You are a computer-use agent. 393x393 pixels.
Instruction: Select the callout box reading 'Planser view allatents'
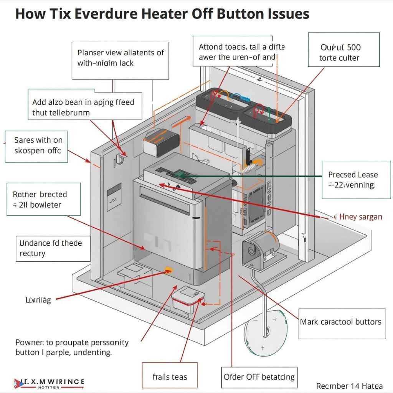[120, 58]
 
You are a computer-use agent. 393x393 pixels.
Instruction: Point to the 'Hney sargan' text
[360, 217]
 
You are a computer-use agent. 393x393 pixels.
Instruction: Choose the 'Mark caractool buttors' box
[342, 322]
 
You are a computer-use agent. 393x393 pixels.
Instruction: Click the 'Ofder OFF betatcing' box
[259, 377]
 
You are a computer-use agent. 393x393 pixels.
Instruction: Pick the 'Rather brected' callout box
[44, 199]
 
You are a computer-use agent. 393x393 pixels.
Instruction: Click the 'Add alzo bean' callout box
[86, 107]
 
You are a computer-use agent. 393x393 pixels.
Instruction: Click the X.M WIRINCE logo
[49, 383]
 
